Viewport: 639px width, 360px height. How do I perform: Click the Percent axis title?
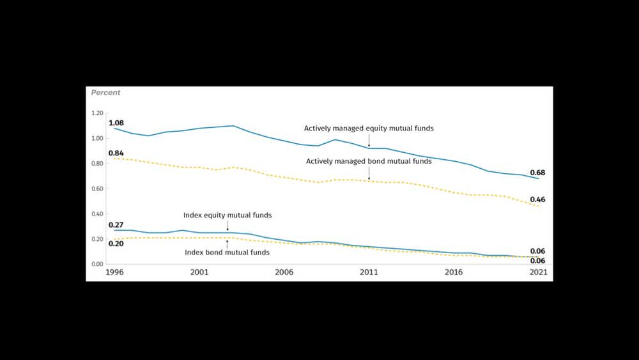[x=105, y=93]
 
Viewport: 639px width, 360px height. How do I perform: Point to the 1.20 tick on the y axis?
[x=97, y=113]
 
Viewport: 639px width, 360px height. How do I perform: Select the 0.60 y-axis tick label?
[x=97, y=189]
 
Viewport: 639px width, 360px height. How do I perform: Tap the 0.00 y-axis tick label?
[x=97, y=264]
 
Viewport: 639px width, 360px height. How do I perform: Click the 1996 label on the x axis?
[x=114, y=272]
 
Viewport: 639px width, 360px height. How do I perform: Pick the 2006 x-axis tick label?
[x=284, y=272]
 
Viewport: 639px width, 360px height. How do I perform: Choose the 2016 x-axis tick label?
[x=454, y=272]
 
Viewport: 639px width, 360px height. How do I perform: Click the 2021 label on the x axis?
[x=538, y=272]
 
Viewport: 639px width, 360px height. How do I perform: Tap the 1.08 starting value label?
[x=116, y=123]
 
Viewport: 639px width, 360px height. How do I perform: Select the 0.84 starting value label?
[x=116, y=153]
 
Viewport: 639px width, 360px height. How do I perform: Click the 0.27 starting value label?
[x=116, y=225]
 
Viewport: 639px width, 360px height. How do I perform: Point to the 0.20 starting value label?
[x=116, y=244]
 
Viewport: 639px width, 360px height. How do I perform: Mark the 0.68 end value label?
[x=537, y=173]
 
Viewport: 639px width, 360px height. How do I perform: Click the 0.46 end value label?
[x=537, y=200]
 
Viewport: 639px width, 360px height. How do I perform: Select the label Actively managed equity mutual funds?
[x=369, y=129]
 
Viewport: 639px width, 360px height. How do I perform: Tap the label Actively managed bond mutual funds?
[x=369, y=162]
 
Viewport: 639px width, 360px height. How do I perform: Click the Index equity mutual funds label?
[x=227, y=215]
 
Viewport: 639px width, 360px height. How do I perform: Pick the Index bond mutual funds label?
[x=227, y=253]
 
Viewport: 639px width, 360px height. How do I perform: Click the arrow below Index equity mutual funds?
[x=227, y=226]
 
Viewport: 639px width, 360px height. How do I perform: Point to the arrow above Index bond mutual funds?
[x=227, y=243]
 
